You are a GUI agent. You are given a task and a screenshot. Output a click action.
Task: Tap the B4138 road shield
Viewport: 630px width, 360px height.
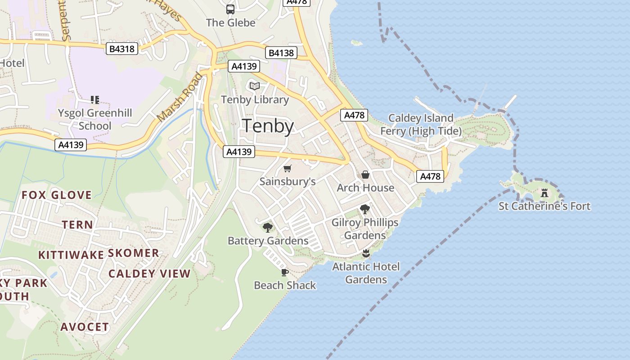(x=281, y=53)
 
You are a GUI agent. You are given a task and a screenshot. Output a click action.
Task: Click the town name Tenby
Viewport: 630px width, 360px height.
(x=268, y=126)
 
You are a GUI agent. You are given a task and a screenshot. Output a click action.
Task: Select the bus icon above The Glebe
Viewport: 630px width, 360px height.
(x=230, y=9)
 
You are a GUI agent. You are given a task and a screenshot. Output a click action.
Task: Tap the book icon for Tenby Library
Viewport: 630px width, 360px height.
(x=255, y=86)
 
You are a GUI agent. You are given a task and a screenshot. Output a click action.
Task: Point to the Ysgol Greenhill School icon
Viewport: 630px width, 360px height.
(x=94, y=99)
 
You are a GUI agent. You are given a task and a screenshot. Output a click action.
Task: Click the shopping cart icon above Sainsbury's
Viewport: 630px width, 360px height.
(x=287, y=169)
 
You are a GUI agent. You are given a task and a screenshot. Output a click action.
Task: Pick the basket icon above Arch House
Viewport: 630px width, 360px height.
(x=365, y=175)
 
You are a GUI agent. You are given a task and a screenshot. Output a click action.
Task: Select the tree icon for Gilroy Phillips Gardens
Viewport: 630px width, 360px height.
(x=364, y=209)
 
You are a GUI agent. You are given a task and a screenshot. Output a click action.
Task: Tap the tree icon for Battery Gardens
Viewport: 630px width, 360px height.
(x=268, y=227)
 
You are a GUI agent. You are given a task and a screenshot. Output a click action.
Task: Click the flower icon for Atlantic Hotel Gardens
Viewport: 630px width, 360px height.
(x=366, y=253)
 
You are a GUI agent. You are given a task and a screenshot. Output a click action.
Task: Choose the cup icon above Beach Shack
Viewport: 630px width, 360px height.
(x=285, y=272)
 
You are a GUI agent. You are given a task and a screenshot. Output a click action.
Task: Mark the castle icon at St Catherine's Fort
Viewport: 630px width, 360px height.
(x=544, y=193)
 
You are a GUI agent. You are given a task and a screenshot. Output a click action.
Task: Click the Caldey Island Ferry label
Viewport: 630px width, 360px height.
(x=421, y=125)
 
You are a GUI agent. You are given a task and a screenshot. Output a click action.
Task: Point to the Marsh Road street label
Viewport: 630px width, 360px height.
(x=180, y=97)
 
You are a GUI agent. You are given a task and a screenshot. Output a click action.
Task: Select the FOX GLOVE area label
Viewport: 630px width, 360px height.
(x=57, y=195)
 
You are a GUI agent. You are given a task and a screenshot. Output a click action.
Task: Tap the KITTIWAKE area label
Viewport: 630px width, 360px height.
(x=71, y=255)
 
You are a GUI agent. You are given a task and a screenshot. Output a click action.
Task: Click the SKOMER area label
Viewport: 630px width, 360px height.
(x=134, y=253)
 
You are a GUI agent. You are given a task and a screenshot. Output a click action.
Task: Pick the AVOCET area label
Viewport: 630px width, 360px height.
(x=85, y=327)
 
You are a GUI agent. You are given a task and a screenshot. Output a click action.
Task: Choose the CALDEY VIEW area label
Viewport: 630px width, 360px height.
(x=149, y=274)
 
